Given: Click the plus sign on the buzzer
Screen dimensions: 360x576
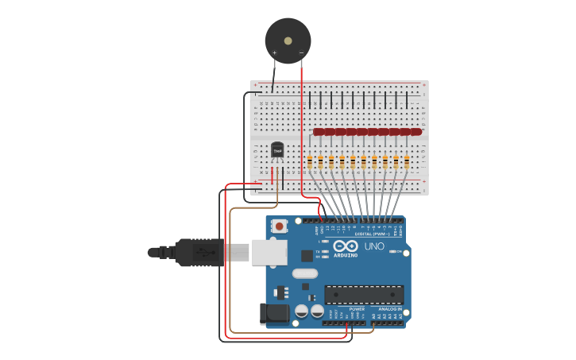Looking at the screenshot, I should [275, 52].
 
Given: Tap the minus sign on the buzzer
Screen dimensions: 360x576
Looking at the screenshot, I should [301, 52].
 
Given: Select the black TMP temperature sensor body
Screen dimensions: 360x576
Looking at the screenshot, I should [277, 149].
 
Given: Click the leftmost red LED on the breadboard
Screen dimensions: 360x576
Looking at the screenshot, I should [319, 132].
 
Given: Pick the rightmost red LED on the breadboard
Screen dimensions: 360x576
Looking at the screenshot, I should [416, 132].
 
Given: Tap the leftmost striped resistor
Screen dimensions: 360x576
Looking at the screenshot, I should [310, 162].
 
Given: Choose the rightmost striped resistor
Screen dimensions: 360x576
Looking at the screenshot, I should [407, 162].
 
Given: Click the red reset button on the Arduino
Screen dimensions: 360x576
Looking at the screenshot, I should [279, 226].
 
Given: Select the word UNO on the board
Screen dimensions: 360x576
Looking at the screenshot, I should [374, 246].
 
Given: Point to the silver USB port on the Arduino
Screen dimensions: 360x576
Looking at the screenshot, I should [269, 252].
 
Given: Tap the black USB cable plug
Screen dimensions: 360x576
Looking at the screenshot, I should [199, 252].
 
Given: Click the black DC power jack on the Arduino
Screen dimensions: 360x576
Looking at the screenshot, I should [275, 313].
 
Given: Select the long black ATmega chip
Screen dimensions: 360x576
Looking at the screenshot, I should [364, 294].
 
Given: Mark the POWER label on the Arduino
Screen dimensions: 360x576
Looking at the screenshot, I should [357, 309].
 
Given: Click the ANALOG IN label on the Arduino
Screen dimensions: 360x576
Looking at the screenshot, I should [390, 309].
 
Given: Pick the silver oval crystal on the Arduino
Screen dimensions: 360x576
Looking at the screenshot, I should [304, 273].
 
